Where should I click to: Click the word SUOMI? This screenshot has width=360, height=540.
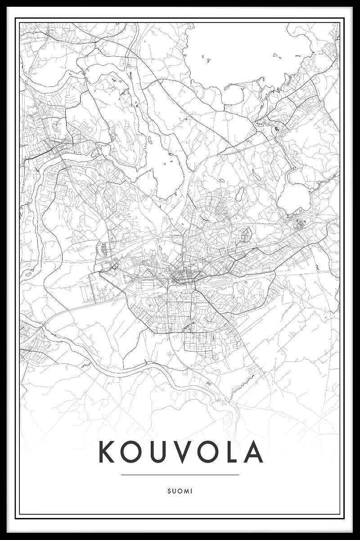tap(180, 491)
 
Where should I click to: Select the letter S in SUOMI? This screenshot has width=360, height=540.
tap(168, 491)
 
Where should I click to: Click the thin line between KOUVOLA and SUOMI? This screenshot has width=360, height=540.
tap(180, 474)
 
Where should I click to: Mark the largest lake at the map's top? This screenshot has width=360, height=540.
tap(243, 49)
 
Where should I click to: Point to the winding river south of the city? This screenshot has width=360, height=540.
tap(148, 367)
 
